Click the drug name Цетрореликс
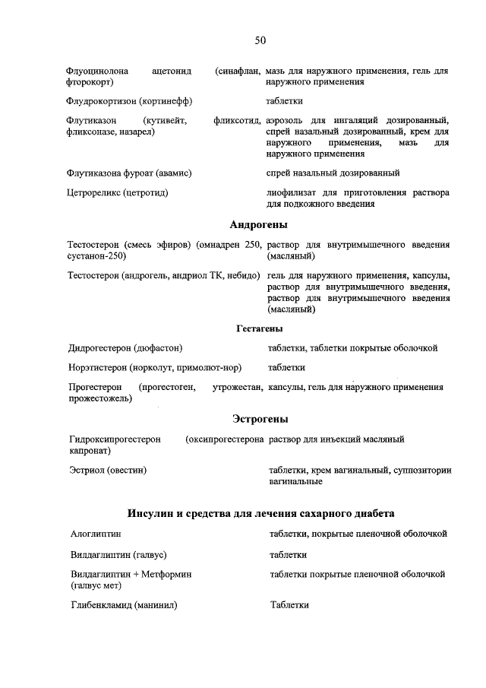click(x=95, y=192)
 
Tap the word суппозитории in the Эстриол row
click(x=423, y=470)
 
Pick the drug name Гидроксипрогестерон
click(x=115, y=439)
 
